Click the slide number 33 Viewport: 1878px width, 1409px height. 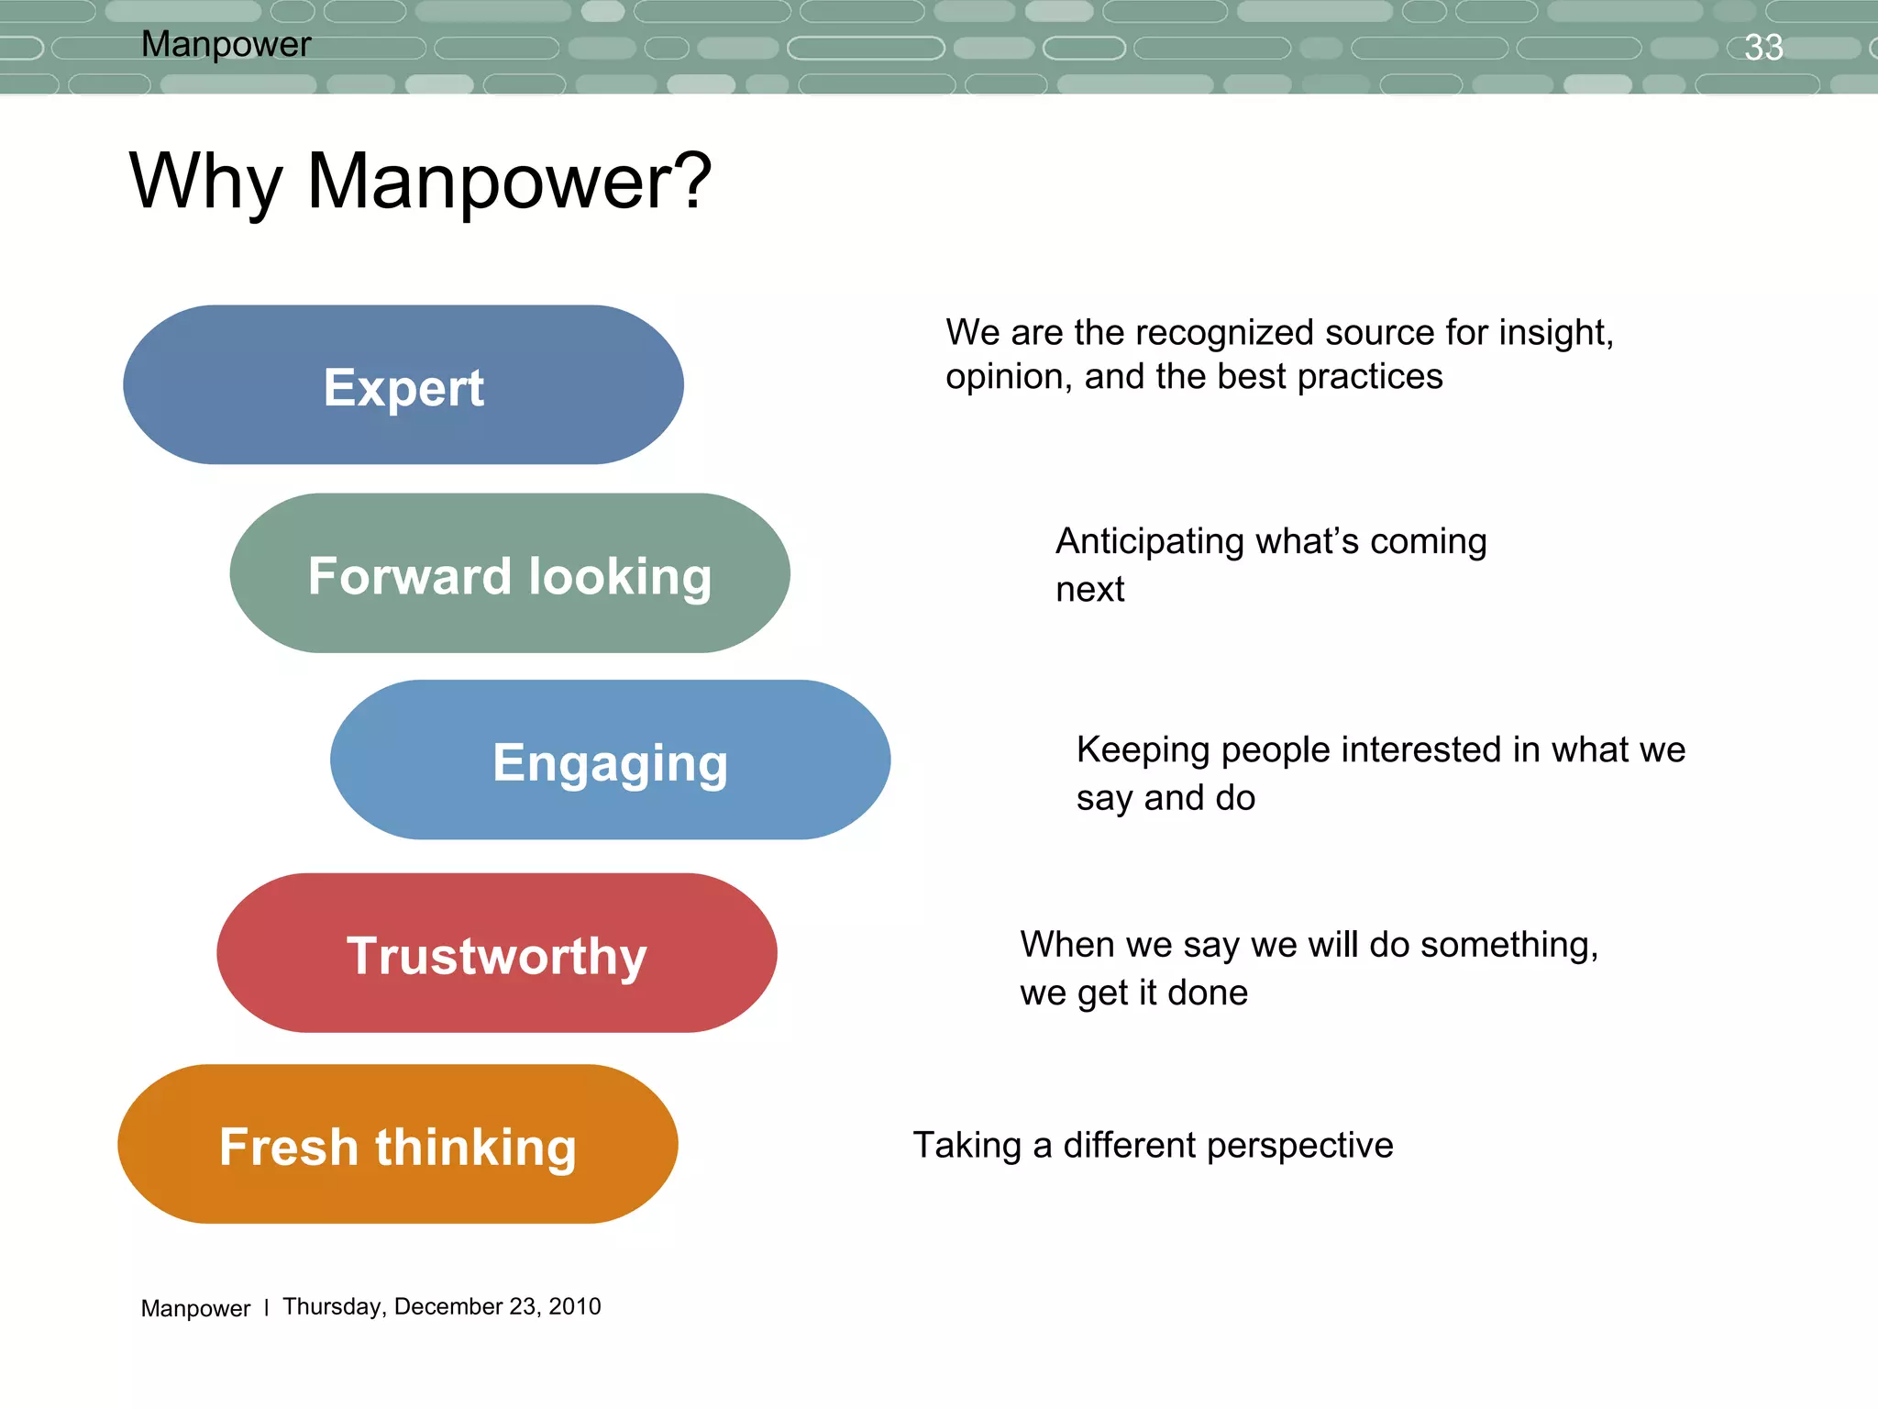pyautogui.click(x=1762, y=48)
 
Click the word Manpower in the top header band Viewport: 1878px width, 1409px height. pyautogui.click(x=226, y=44)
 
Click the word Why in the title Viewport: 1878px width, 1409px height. pyautogui.click(x=205, y=182)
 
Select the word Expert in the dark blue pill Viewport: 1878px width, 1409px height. pyautogui.click(x=403, y=388)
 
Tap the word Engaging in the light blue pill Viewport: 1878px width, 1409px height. pyautogui.click(x=610, y=763)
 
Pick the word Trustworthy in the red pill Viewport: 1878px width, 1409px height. pyautogui.click(x=496, y=956)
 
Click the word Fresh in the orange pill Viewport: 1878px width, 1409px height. pyautogui.click(x=289, y=1147)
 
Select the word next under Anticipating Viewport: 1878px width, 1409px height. pyautogui.click(x=1089, y=589)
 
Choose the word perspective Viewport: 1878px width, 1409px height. pyautogui.click(x=1298, y=1146)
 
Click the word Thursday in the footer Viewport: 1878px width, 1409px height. pyautogui.click(x=333, y=1307)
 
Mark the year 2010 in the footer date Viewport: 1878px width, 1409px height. pyautogui.click(x=574, y=1306)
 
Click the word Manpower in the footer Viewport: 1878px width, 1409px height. pyautogui.click(x=195, y=1308)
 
